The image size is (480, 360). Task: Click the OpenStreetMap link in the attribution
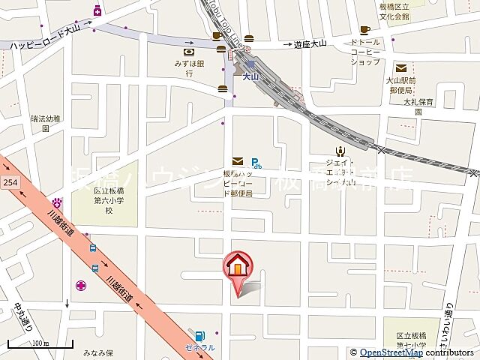click(x=391, y=352)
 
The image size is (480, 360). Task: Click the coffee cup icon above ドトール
click(x=365, y=31)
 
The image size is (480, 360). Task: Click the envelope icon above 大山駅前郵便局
click(x=401, y=68)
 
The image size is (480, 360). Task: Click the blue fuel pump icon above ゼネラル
click(x=200, y=335)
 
